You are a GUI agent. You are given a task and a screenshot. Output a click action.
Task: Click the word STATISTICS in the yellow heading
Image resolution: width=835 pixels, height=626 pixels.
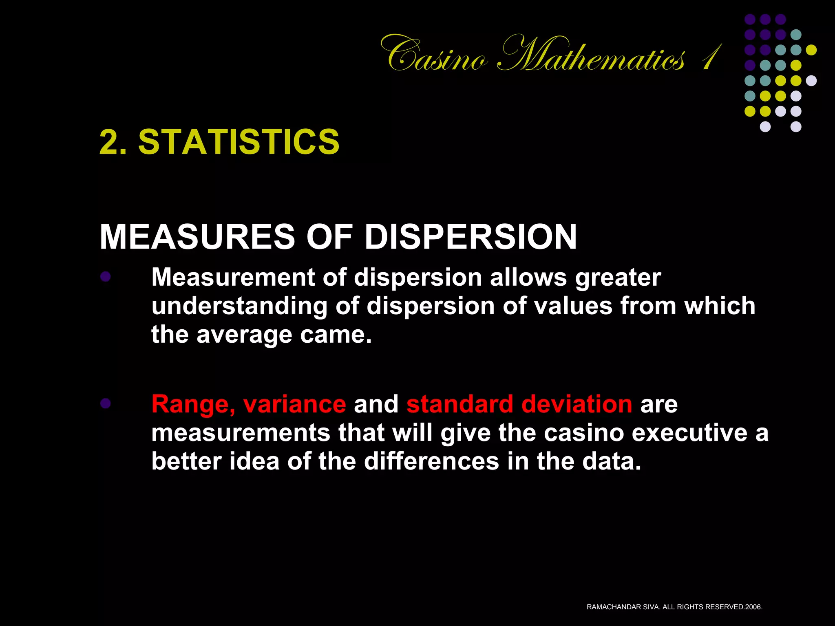pos(239,142)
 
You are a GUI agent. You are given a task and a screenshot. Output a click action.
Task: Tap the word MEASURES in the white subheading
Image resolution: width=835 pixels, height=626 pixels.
pos(197,237)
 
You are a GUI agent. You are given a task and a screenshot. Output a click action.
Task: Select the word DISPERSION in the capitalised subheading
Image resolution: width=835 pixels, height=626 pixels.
pos(471,237)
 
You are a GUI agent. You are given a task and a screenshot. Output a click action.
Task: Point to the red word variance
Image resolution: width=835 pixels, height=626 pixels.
pos(294,404)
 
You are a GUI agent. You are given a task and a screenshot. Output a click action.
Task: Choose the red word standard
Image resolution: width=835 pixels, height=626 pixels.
pos(459,404)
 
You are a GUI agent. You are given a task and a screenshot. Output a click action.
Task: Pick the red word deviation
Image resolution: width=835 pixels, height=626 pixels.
pos(577,404)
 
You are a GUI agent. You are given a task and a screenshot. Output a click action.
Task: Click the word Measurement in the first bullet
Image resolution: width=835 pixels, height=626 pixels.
pos(233,278)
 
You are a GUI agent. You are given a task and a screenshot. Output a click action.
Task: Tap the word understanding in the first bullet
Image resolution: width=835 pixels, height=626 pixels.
pos(239,306)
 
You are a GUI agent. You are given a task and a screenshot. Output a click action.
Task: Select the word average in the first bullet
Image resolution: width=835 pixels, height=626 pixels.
pos(244,335)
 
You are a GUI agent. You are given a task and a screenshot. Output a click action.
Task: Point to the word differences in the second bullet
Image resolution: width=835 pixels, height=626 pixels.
pos(431,461)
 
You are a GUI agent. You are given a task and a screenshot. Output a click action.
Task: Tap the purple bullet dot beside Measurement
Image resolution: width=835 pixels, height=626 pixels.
pos(106,277)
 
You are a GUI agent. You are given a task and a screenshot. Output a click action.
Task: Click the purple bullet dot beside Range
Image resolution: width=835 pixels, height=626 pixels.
pos(106,403)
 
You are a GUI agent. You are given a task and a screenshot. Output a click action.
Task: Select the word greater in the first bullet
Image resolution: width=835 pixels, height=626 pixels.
pos(618,278)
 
